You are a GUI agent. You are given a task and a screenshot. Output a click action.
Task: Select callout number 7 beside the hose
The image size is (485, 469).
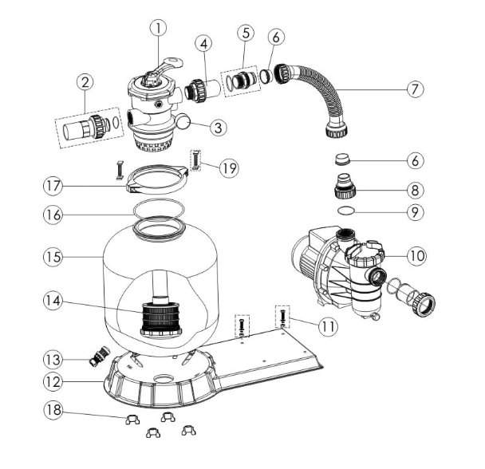[x=413, y=89]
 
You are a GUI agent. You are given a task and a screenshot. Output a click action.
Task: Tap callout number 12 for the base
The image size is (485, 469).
[x=54, y=381]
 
